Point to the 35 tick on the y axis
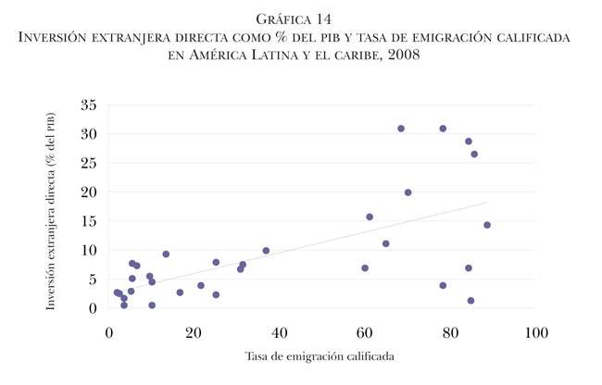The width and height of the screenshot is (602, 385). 89,105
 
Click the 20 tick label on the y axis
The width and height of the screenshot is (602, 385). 89,192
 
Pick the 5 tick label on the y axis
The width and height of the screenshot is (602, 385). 93,279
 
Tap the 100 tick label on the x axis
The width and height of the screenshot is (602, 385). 534,329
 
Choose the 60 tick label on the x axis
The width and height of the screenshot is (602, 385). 364,329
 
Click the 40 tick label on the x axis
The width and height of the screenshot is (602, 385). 279,329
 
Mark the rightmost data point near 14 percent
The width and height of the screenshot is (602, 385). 487,225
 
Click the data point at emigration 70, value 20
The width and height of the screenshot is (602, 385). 408,192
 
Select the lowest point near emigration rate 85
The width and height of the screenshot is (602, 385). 470,301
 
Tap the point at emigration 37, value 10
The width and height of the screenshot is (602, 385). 266,251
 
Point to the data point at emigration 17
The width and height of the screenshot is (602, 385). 180,292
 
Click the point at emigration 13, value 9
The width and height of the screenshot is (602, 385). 166,254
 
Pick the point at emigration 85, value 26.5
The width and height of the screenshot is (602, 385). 474,154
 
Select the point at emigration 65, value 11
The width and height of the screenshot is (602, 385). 386,243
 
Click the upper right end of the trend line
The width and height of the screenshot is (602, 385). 486,203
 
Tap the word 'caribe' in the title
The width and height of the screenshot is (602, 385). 355,56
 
